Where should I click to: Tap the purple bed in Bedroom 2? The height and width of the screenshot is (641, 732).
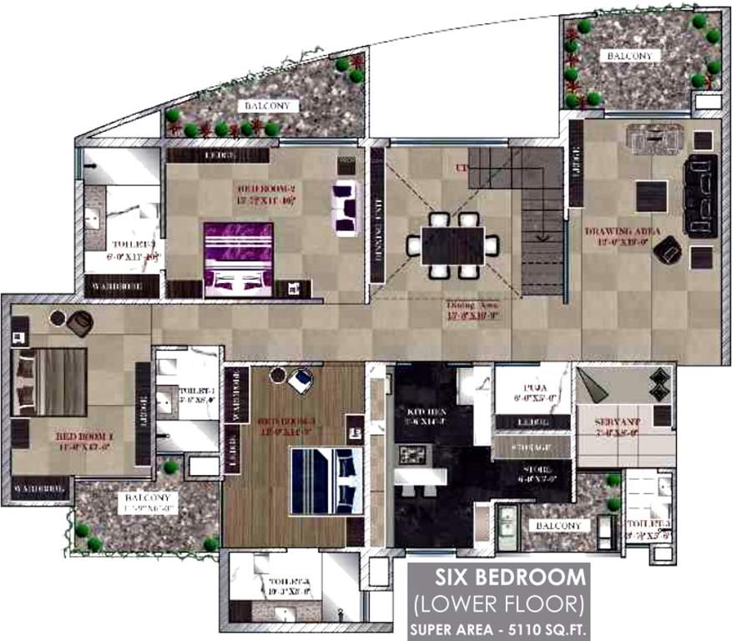pos(239,258)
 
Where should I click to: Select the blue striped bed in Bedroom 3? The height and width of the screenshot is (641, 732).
pos(326,481)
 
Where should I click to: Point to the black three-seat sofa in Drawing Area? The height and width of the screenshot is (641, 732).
pos(701,194)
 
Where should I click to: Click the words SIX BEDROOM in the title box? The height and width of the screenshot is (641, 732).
pos(498,578)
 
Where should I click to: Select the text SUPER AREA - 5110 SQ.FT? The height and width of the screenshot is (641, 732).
pos(498,627)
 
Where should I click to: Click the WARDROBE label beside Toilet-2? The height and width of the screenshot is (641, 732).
pos(124,285)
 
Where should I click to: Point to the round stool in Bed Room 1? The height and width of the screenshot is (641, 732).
pos(58,317)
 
